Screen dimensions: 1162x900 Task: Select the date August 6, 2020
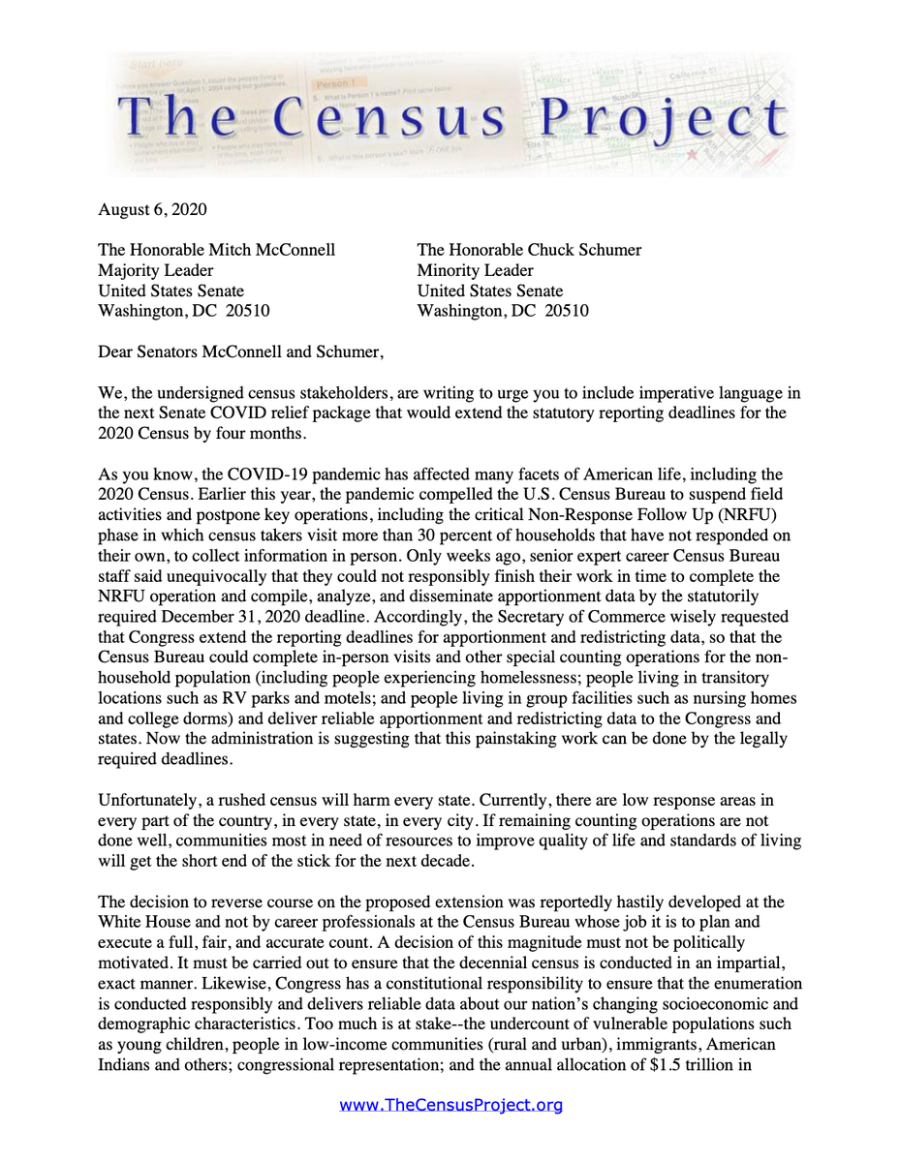[x=152, y=209]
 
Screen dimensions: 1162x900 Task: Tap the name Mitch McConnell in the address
[x=274, y=250]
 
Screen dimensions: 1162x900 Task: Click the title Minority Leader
[x=475, y=270]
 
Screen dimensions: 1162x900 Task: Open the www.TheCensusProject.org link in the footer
[x=450, y=1105]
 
